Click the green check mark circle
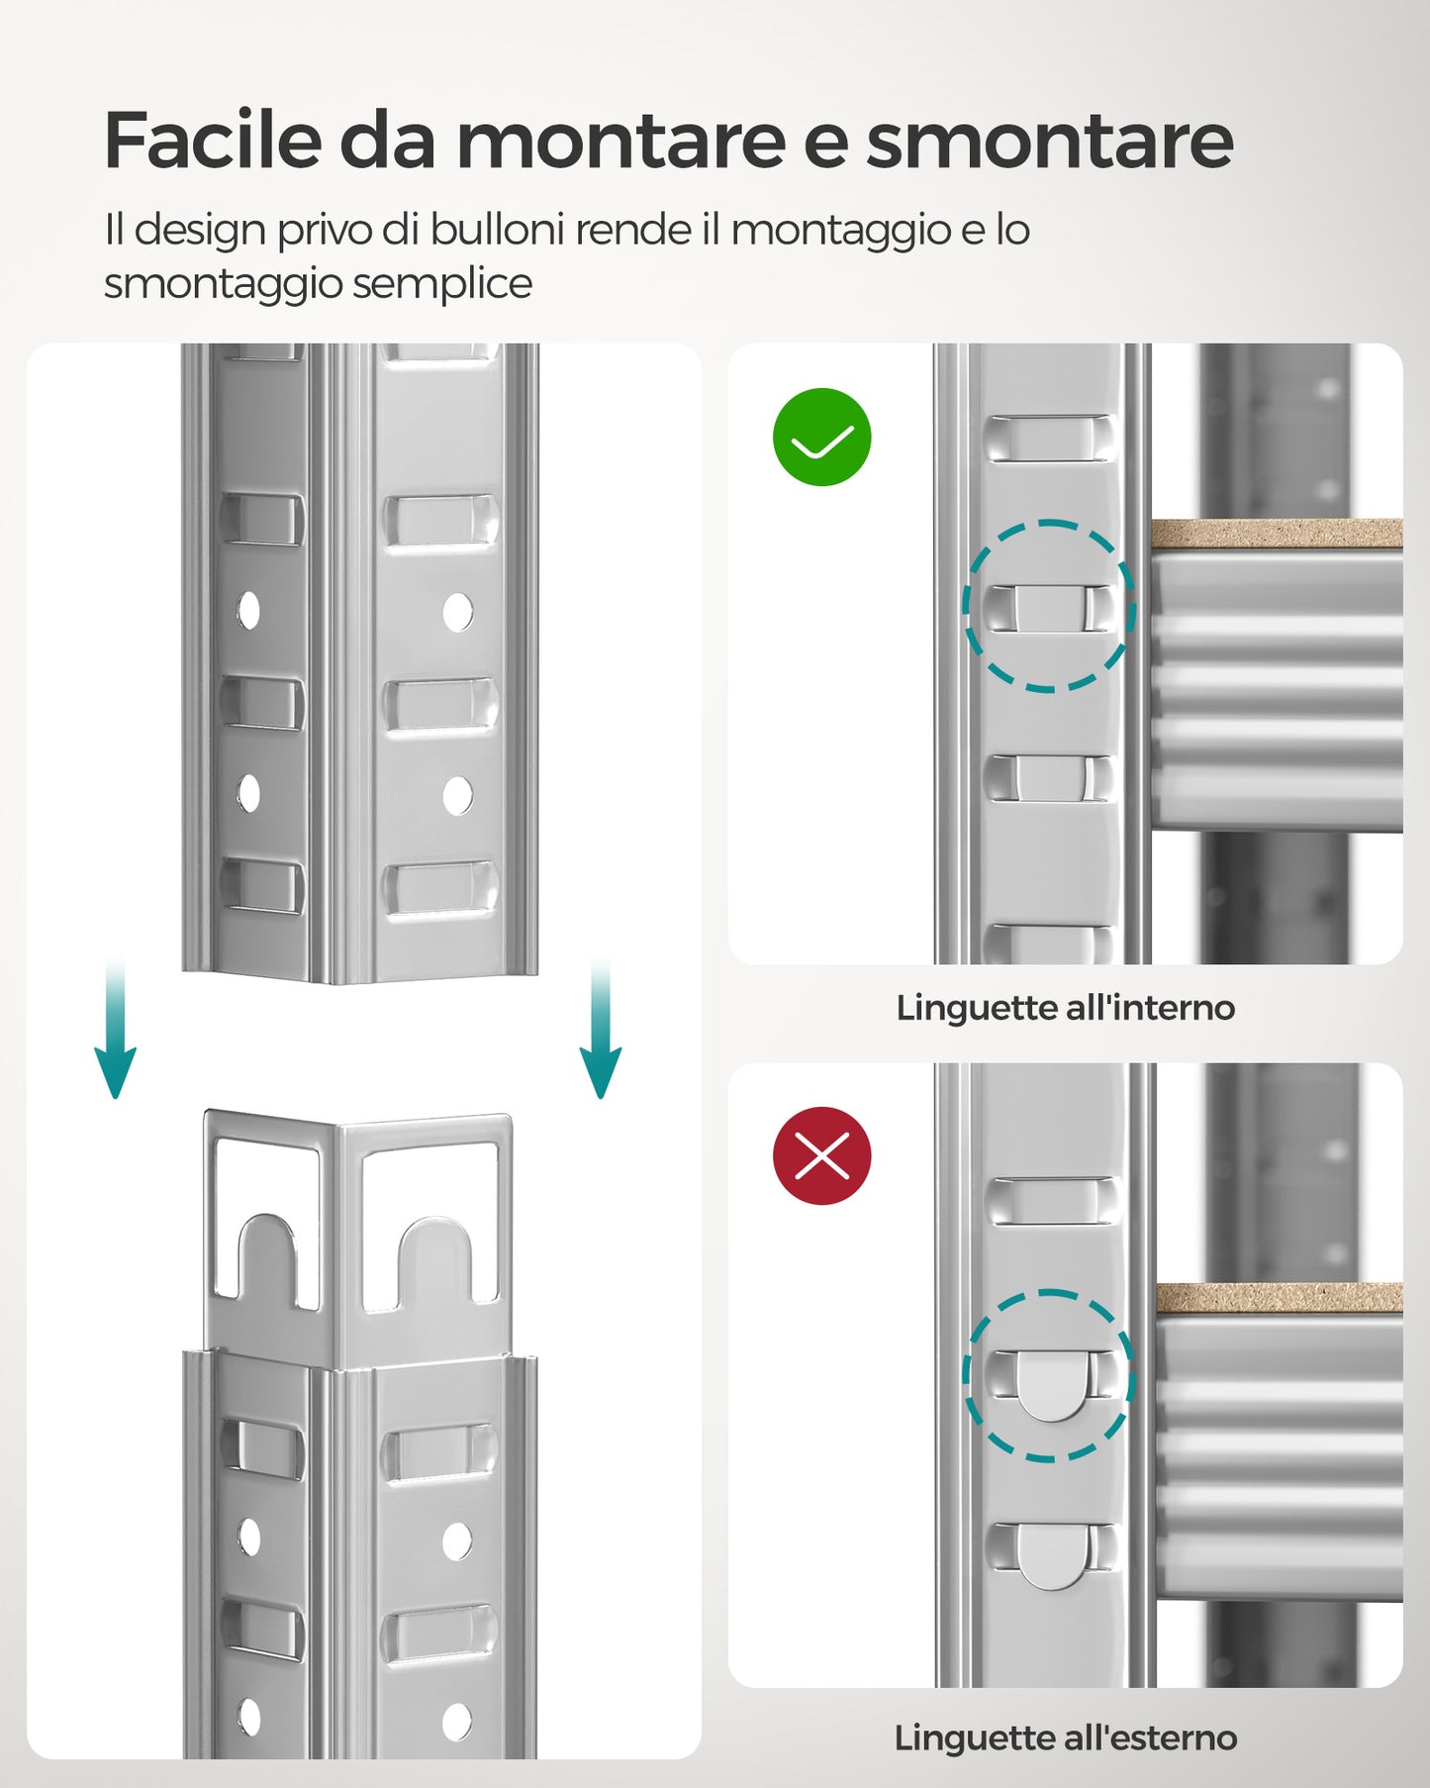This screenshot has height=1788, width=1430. click(821, 437)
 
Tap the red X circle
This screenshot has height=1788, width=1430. click(821, 1155)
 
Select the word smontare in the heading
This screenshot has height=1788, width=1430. click(1049, 141)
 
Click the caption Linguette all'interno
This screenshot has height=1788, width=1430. click(1065, 1008)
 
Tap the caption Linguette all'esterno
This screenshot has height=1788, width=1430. click(1065, 1738)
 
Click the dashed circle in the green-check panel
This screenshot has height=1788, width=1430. click(1049, 606)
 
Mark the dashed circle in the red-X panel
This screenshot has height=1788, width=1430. click(1049, 1375)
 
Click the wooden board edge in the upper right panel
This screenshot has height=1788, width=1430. click(1277, 534)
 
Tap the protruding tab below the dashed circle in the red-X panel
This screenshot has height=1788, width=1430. click(1051, 1556)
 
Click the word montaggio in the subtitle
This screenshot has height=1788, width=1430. click(840, 230)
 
